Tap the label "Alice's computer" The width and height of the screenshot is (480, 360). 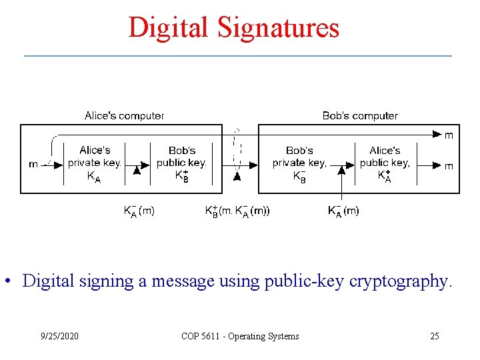click(124, 116)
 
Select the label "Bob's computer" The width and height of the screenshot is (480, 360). click(360, 116)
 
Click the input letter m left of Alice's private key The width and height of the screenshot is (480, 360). click(33, 165)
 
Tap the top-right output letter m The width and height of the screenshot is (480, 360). click(449, 135)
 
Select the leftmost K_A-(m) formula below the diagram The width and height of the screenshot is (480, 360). click(139, 211)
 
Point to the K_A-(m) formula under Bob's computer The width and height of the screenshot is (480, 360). click(343, 211)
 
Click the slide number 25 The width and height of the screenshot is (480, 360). click(434, 336)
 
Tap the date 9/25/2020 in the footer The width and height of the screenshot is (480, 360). click(60, 336)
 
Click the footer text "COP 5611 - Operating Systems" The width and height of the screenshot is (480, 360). click(240, 336)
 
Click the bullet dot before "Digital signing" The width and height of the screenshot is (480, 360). click(10, 281)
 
